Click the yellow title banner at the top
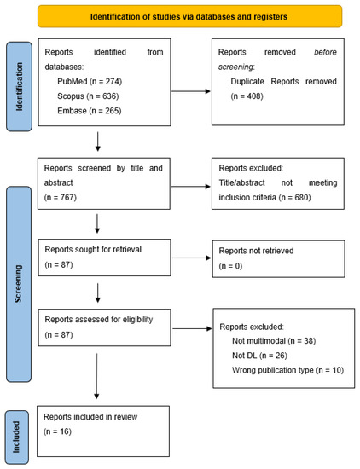point(189,16)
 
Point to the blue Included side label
point(19,436)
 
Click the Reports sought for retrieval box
point(103,259)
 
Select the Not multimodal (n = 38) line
point(274,340)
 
